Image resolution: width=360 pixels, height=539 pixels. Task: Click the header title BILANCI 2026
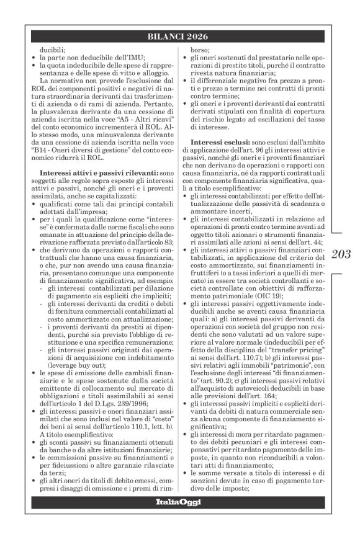pos(180,36)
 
